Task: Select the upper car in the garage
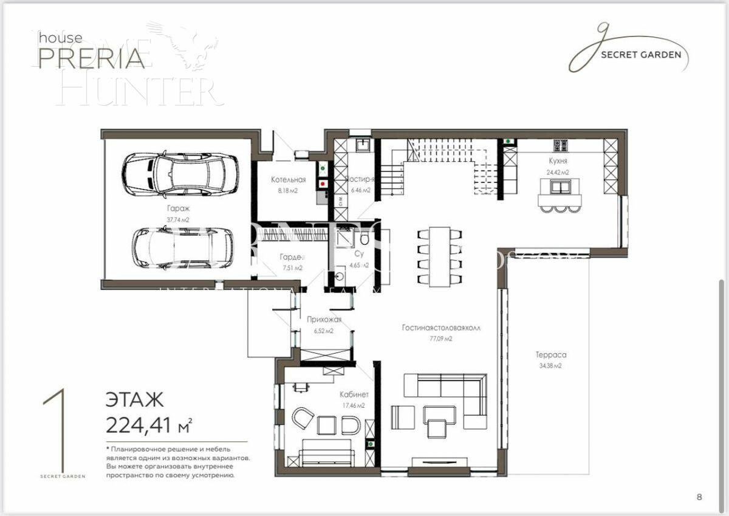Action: click(x=180, y=174)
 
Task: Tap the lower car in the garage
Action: click(x=182, y=247)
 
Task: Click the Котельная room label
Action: click(x=288, y=179)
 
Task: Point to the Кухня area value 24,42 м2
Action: click(x=558, y=173)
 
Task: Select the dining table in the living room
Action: click(x=439, y=256)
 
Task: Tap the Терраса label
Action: click(x=551, y=354)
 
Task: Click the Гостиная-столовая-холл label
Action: click(x=441, y=327)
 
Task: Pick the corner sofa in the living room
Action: click(x=453, y=395)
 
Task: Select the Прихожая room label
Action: click(x=324, y=319)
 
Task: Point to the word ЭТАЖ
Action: click(x=134, y=400)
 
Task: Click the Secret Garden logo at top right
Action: click(x=628, y=52)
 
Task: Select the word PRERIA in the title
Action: click(x=92, y=58)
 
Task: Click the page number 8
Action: click(x=699, y=497)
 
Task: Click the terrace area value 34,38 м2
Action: click(x=550, y=366)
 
